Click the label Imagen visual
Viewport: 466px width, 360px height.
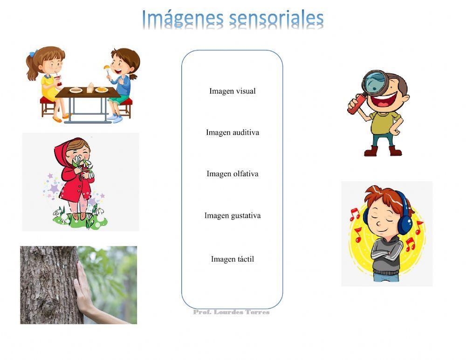[232, 91]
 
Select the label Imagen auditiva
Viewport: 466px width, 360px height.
[232, 132]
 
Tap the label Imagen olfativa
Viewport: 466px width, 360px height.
[232, 174]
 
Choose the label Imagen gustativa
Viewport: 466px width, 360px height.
[232, 215]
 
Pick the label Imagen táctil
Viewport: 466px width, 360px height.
[232, 259]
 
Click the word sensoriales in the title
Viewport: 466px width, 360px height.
[276, 19]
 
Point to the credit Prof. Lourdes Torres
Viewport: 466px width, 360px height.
[231, 312]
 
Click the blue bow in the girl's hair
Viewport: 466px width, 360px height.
[33, 54]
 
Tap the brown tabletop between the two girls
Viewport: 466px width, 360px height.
[89, 92]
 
